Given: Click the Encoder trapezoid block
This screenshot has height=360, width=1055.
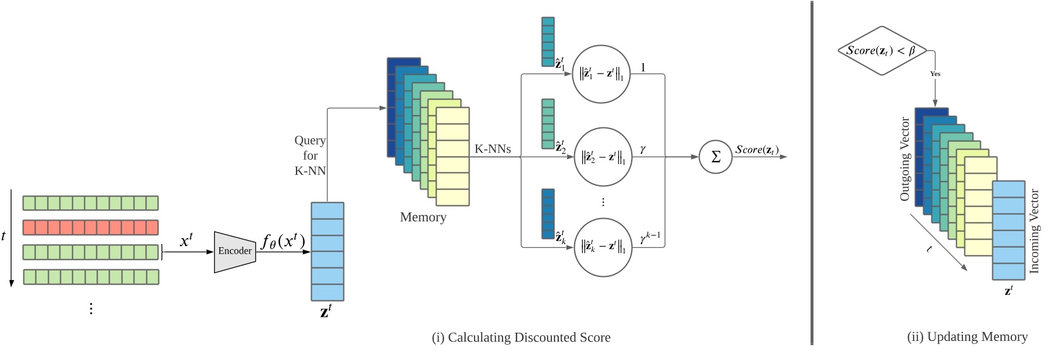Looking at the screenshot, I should coord(234,252).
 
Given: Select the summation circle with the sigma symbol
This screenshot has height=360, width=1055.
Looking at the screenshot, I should coord(715,157).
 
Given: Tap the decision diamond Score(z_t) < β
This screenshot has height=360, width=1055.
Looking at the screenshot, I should coord(881,51).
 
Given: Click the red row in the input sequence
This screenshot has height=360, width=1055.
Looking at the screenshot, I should coord(91,228).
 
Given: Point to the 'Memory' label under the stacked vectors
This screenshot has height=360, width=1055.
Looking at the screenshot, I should coord(423,217).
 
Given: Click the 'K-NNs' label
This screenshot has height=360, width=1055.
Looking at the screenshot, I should coord(492,150).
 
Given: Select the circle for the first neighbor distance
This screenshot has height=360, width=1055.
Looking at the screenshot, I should coord(601,74).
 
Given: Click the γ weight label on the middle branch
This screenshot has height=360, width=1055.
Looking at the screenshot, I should coord(643,149).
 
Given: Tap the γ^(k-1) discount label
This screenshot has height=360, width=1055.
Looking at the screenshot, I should coord(649,238).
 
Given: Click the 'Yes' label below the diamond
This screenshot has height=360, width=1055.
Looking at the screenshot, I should coord(935,74).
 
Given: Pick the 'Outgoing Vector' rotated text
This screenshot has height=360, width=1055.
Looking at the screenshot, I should coord(905,159).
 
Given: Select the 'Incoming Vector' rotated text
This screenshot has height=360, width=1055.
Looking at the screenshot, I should coord(1035,231).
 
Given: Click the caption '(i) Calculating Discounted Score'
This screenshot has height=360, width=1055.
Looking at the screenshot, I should coord(521,338).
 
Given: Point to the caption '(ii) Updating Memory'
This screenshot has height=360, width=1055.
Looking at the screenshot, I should coord(967,337).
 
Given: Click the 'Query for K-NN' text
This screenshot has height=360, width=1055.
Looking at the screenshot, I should coord(310,155).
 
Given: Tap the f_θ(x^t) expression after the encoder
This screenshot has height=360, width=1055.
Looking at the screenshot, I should coord(283,241).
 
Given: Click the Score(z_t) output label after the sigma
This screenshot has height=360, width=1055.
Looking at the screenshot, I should coord(757,150).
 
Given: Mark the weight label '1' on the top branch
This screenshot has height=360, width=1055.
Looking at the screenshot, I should coord(643,67).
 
